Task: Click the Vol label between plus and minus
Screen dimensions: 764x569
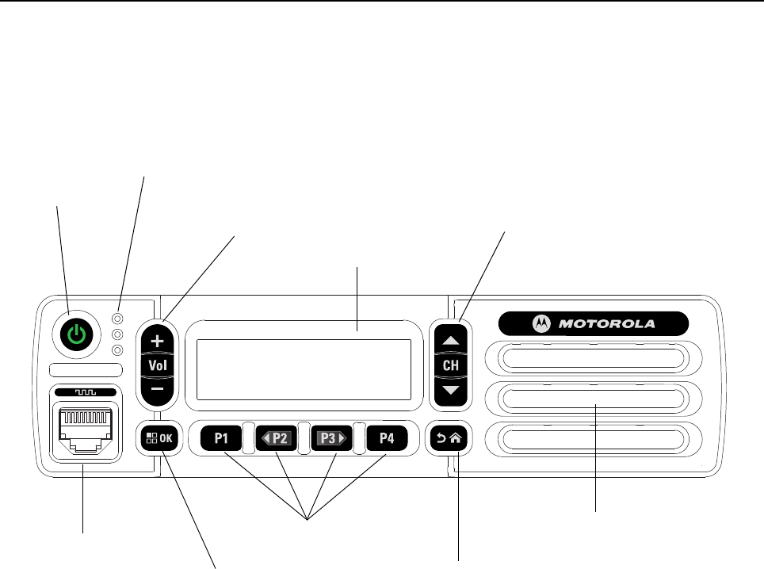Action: pyautogui.click(x=158, y=365)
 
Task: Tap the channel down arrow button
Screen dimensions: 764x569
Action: pyautogui.click(x=450, y=391)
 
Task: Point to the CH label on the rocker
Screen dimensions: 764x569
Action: pyautogui.click(x=450, y=365)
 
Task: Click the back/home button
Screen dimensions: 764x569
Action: pyautogui.click(x=449, y=438)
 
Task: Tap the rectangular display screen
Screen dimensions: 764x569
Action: pyautogui.click(x=304, y=369)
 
